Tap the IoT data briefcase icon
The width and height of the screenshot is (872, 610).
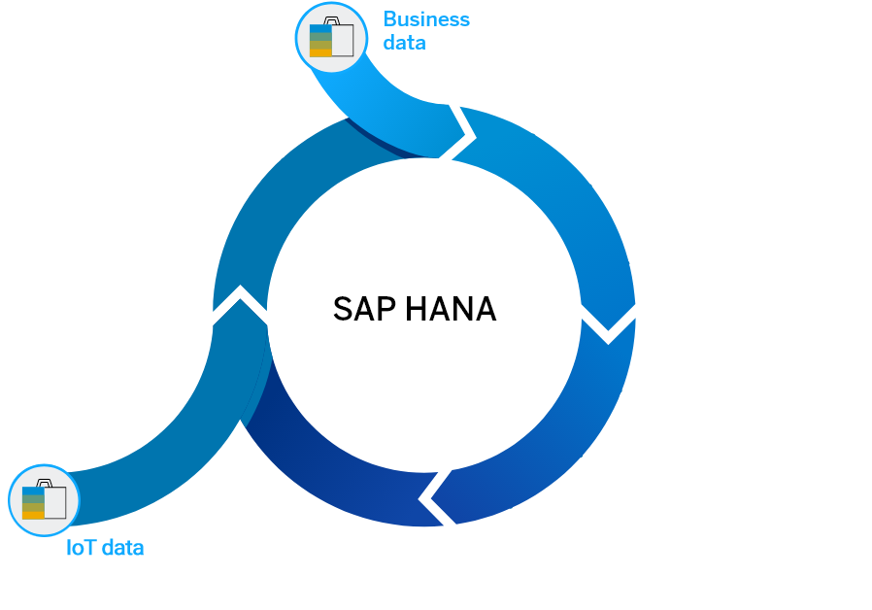44,500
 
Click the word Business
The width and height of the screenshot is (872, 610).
426,19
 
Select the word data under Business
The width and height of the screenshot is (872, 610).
404,43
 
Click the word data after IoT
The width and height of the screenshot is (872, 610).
123,548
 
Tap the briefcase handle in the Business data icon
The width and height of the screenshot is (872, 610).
332,21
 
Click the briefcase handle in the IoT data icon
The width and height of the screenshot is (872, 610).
45,483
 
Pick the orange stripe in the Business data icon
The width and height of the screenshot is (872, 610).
320,52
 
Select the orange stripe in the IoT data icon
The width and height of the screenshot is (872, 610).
33,515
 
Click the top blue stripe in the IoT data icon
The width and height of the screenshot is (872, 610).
33,491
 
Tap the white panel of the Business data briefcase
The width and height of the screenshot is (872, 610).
343,40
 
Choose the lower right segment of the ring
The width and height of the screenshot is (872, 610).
553,437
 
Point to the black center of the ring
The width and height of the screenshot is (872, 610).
424,321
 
